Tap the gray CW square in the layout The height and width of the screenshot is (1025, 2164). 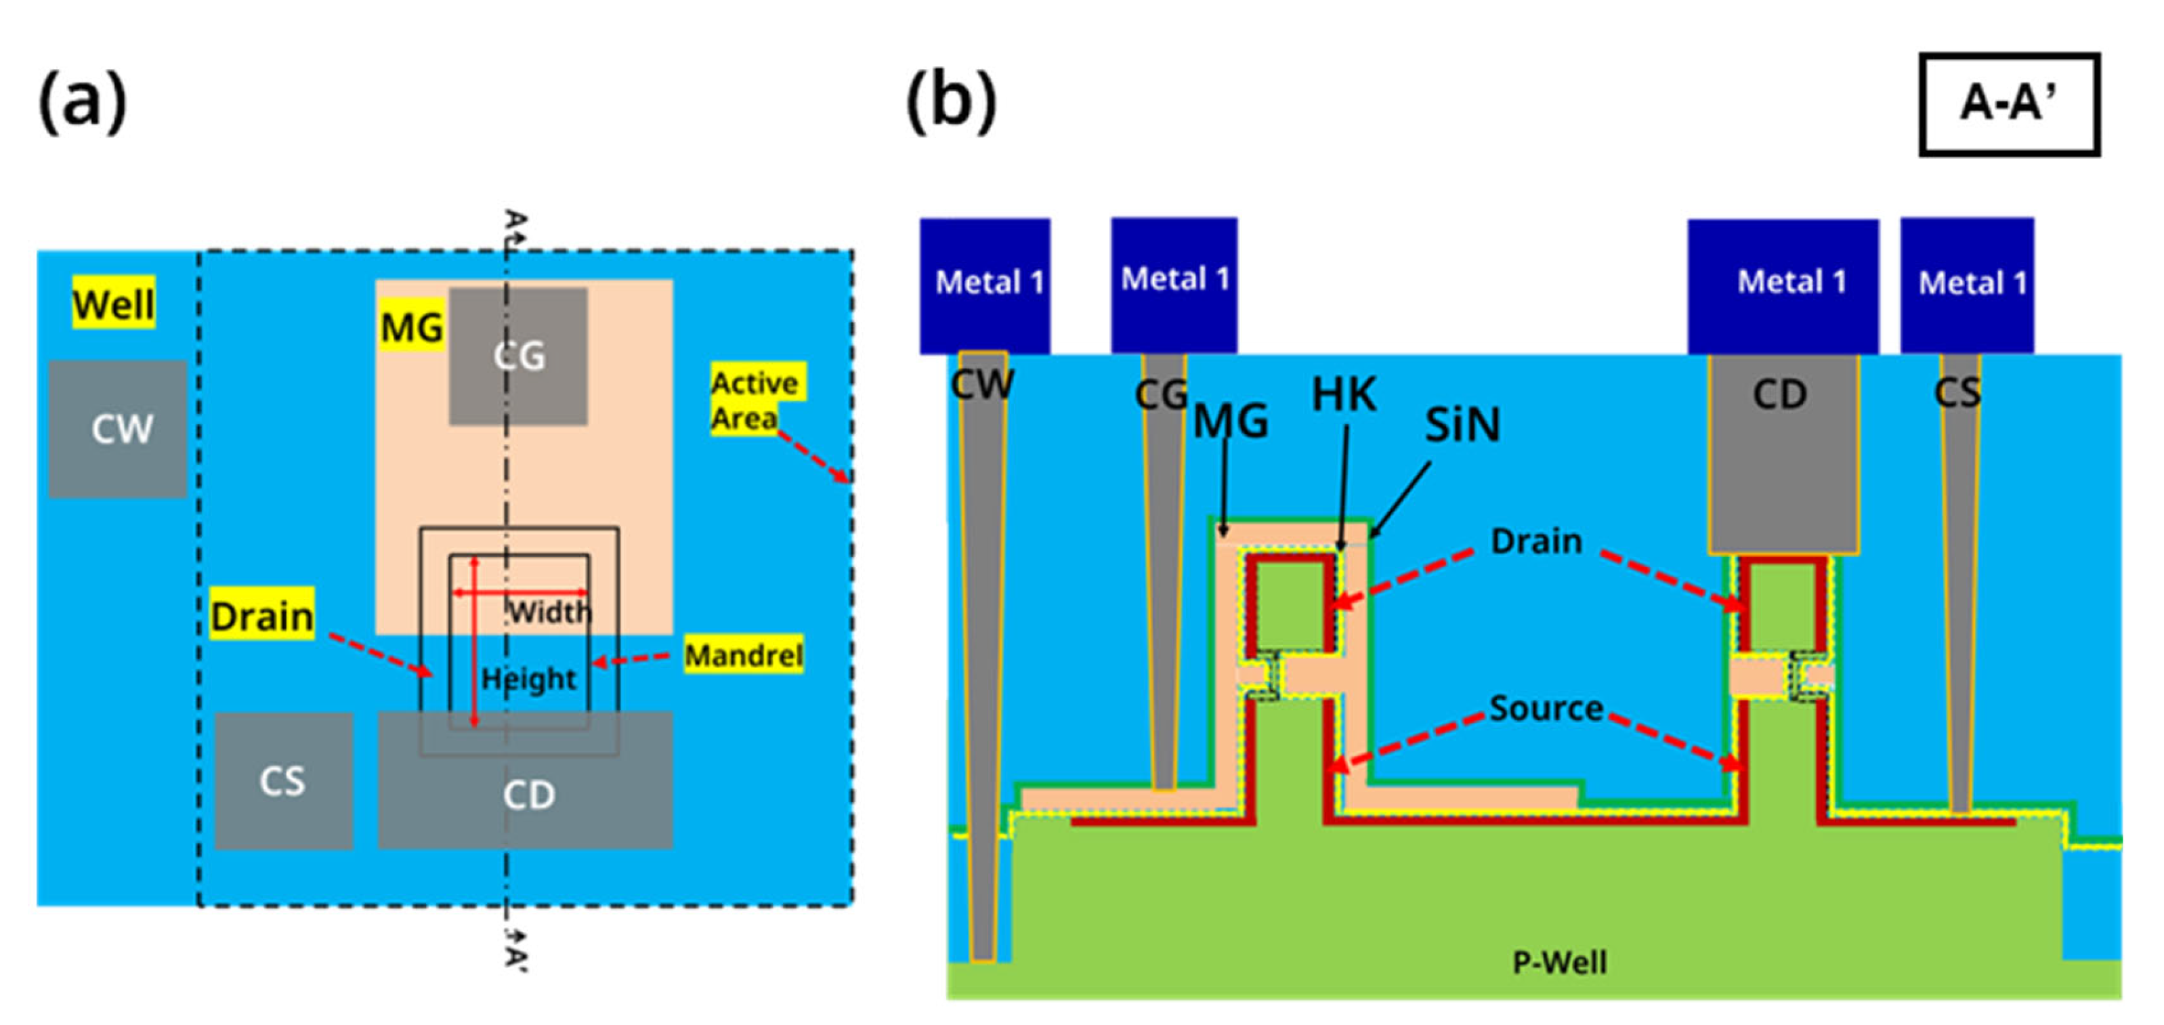(x=118, y=430)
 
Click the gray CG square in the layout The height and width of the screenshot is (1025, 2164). (x=517, y=356)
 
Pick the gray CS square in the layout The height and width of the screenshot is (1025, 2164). (x=283, y=781)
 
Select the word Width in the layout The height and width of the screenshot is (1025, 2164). (x=550, y=612)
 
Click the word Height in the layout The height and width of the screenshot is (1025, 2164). (x=528, y=678)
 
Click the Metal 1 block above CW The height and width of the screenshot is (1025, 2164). (x=985, y=284)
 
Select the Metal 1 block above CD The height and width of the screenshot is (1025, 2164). (x=1783, y=284)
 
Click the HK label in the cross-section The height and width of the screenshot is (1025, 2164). (x=1343, y=394)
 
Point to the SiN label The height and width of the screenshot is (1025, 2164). (x=1462, y=425)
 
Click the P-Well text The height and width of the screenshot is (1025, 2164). (x=1559, y=962)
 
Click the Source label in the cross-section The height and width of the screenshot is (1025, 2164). (x=1546, y=708)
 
